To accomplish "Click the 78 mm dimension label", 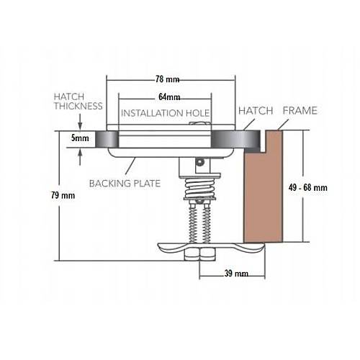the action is [167, 79].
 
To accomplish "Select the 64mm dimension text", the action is [169, 97].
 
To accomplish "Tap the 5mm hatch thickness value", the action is [80, 138].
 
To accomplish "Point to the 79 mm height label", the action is [63, 195].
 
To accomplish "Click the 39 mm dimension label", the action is [236, 274].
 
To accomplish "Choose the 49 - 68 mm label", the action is [307, 187].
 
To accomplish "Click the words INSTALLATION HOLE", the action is [166, 113].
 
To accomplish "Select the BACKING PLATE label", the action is [125, 184].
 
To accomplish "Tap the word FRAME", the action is [300, 111].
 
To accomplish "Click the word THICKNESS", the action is [78, 106].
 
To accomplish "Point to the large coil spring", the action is [200, 187].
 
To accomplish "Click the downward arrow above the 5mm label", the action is [80, 122].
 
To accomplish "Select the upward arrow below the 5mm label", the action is [80, 156].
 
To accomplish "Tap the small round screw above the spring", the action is [199, 163].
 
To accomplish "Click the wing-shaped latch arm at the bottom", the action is [211, 248].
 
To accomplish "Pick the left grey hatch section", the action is [107, 139].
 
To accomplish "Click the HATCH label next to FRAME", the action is [256, 111].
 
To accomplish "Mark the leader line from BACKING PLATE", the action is [130, 166].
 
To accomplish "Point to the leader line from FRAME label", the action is [283, 125].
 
